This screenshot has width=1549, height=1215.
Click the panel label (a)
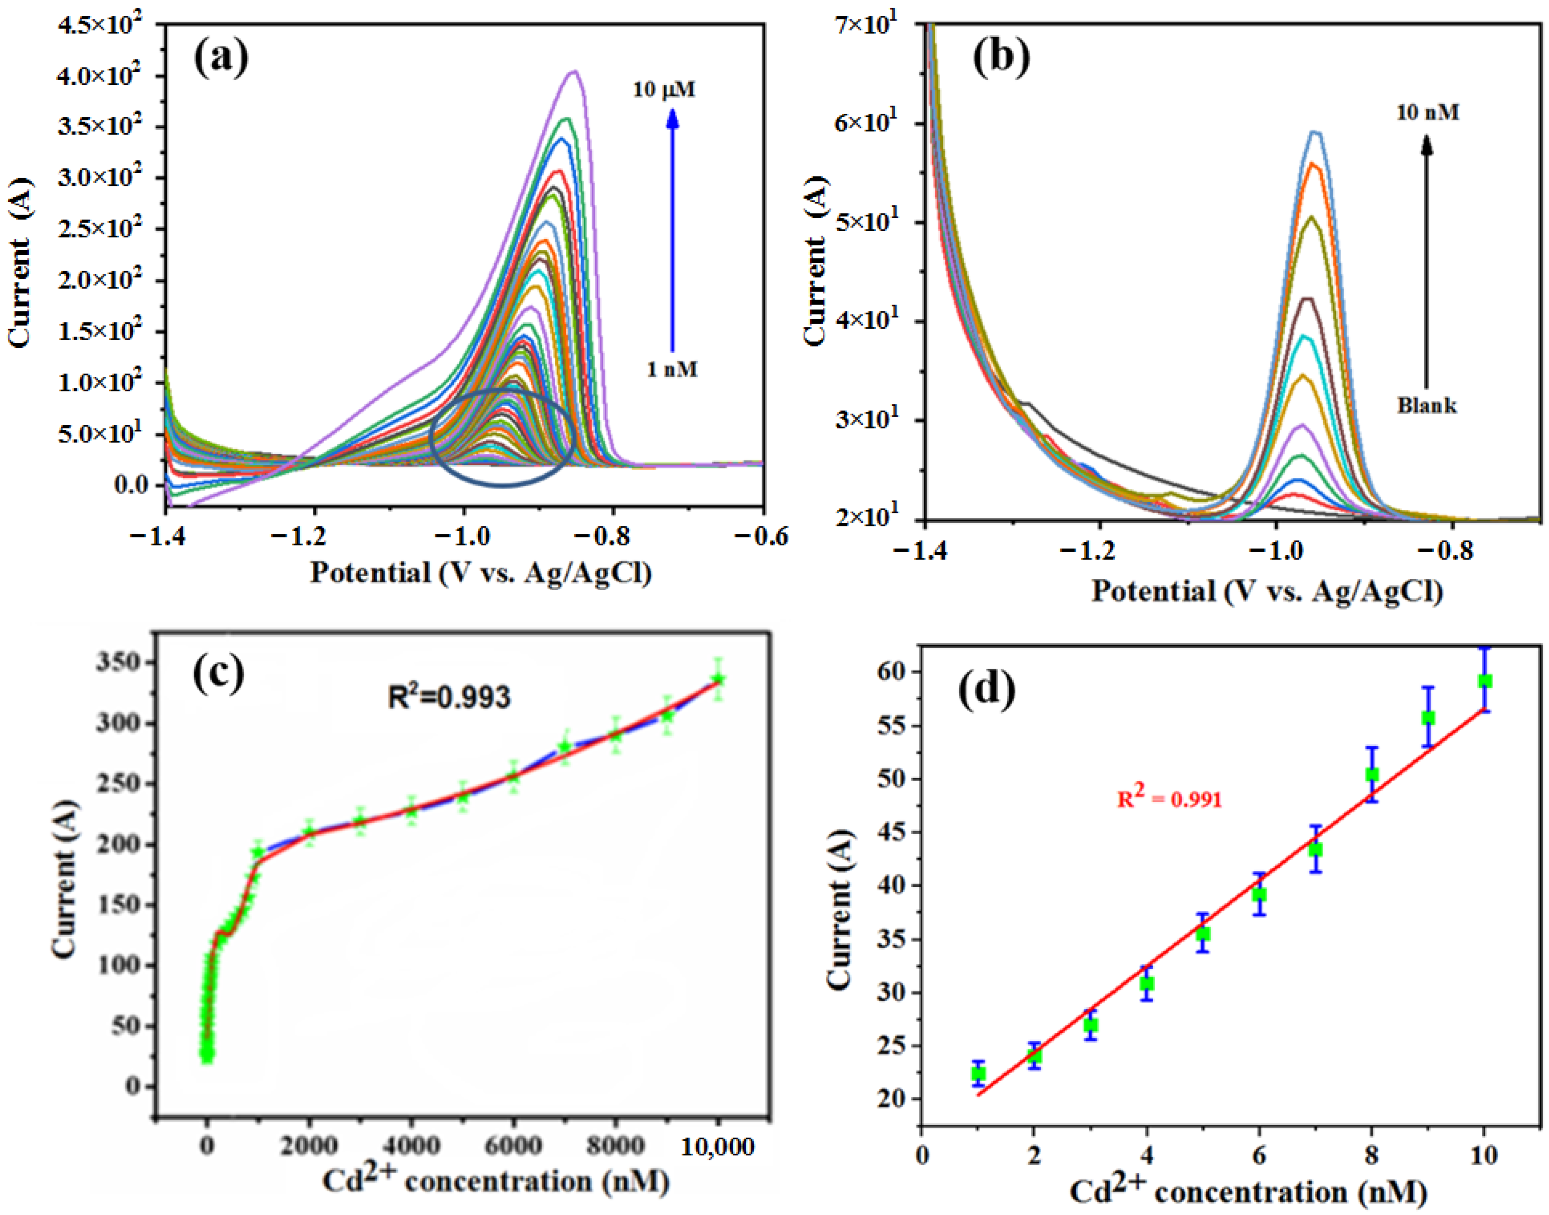[221, 57]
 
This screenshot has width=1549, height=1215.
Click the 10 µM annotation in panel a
[664, 90]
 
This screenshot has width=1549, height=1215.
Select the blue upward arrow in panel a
[672, 228]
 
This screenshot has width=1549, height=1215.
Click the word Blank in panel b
[1427, 405]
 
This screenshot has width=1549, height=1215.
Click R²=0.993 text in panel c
[449, 697]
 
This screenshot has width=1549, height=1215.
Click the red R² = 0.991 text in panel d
[1169, 798]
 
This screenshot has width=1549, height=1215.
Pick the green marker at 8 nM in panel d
[1372, 775]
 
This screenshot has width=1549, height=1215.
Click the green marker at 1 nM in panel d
[979, 1074]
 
